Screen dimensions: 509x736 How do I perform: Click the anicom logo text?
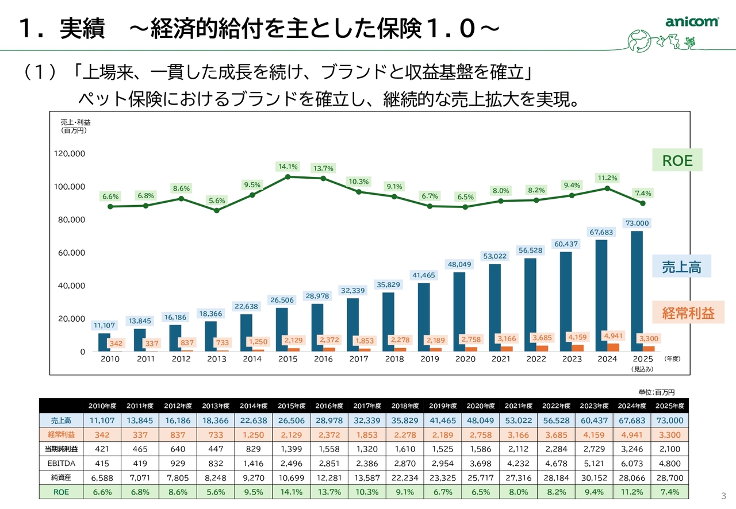point(692,22)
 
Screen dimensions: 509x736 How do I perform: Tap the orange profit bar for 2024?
point(613,347)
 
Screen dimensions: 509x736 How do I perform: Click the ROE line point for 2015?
point(288,176)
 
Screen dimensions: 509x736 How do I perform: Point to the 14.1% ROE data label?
point(288,167)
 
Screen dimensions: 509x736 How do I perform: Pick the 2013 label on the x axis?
point(217,359)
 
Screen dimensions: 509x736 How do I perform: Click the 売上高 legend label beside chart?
point(681,267)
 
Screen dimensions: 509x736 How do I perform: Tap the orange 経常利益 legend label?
point(688,313)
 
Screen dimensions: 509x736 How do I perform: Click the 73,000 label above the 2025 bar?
point(637,223)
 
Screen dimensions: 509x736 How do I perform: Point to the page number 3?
point(723,496)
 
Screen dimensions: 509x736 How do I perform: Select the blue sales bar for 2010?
point(104,342)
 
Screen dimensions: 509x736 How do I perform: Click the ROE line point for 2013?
point(217,210)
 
